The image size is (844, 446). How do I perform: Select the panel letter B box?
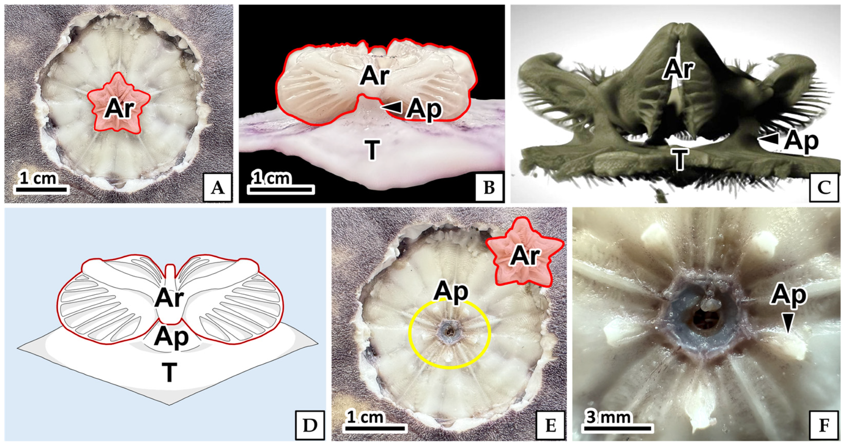click(489, 188)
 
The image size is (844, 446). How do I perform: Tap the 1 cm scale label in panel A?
click(38, 179)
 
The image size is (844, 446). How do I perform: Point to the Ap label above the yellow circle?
click(451, 291)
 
